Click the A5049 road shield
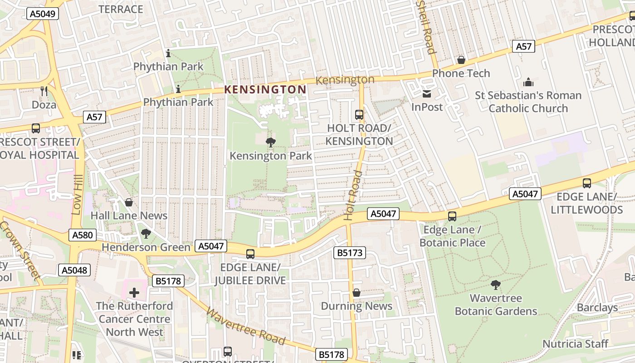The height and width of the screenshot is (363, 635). coord(43,14)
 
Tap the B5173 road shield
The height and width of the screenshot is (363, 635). coord(349,253)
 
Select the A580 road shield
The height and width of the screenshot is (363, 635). coord(82,235)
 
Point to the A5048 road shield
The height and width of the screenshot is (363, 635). coord(74,270)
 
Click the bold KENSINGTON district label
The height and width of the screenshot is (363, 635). coord(266,89)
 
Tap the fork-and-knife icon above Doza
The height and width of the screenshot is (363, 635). coord(44,91)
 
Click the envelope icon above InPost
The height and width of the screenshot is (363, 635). coord(427,94)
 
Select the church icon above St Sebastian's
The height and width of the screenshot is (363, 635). coord(528,82)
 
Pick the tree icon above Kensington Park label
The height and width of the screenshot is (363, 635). coord(271,142)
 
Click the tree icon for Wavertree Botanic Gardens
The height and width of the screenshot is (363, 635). coord(496,285)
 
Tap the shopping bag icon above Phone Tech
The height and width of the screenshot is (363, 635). coord(461,60)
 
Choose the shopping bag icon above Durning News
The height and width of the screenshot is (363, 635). coord(357,293)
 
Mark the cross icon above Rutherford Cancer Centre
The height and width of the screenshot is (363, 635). coord(134,293)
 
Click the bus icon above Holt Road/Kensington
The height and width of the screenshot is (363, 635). coord(359,115)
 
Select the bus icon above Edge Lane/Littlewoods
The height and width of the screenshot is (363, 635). coord(587,183)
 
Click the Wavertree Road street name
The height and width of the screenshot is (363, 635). coord(246,326)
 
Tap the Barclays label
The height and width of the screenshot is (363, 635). coord(597,307)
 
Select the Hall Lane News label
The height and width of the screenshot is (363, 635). coord(129,216)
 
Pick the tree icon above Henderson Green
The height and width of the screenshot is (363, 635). coord(146,234)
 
